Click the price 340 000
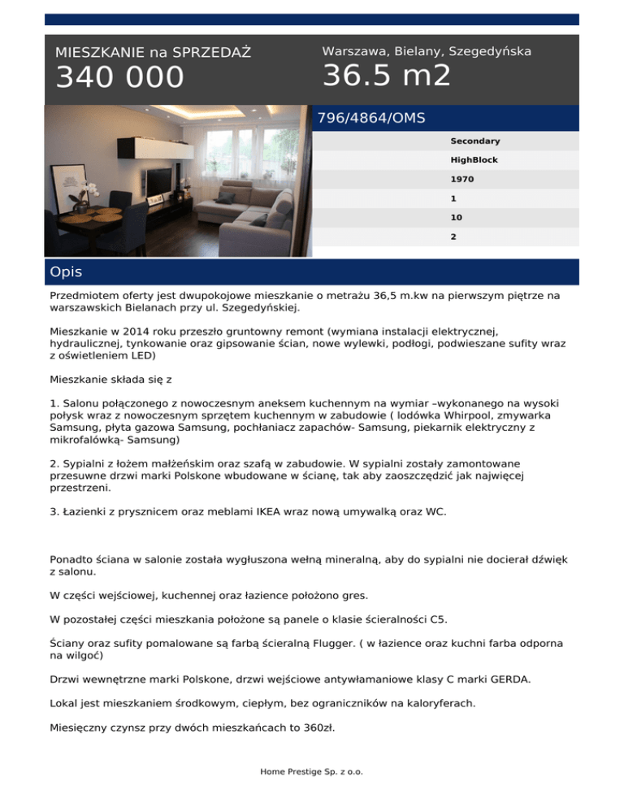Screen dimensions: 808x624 coord(119,78)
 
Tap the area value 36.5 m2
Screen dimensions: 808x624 coord(386,76)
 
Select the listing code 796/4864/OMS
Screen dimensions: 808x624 coord(371,118)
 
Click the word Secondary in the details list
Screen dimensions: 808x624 coord(474,141)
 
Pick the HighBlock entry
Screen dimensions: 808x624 coord(474,160)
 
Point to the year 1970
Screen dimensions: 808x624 coord(461,179)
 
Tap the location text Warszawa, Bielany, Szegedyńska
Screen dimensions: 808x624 coord(427,51)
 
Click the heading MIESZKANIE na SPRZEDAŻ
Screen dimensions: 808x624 coord(153,53)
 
